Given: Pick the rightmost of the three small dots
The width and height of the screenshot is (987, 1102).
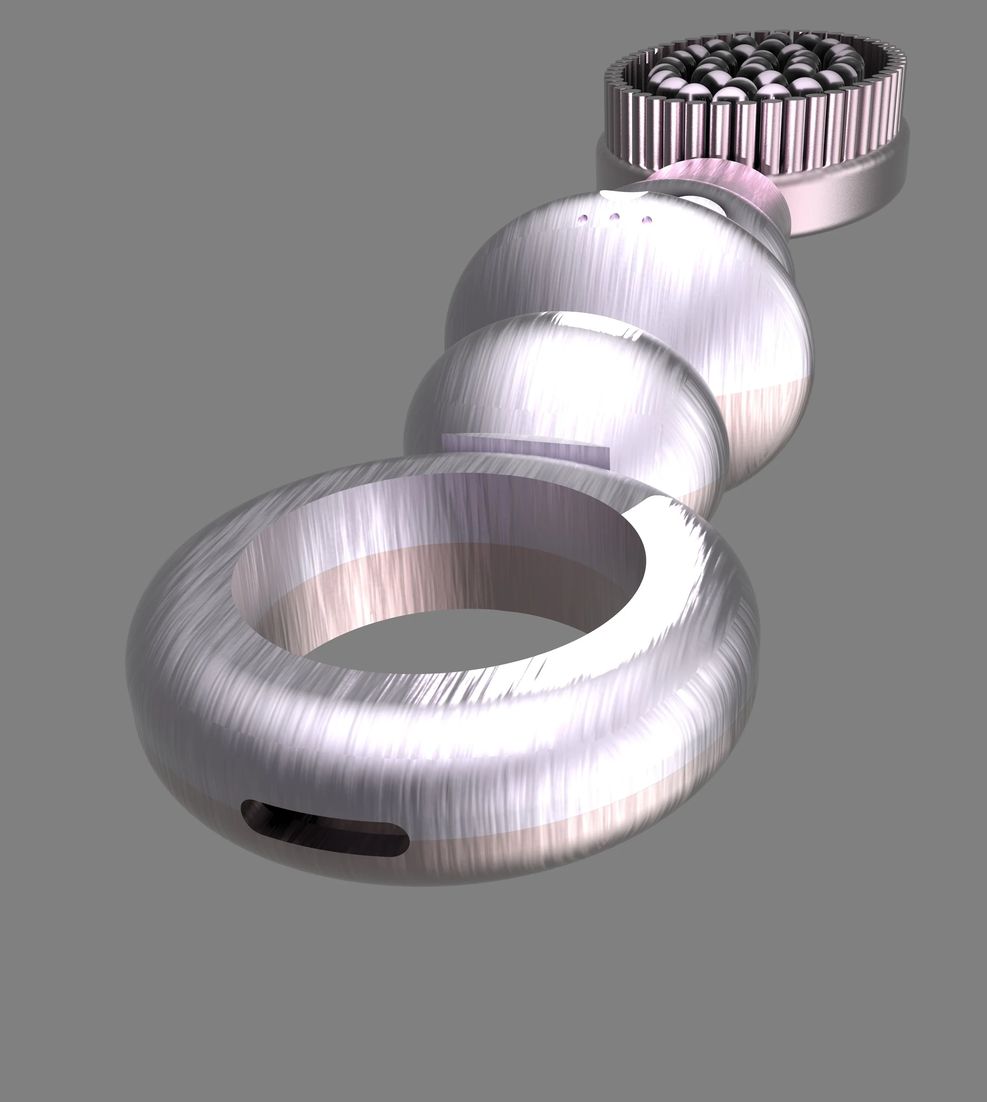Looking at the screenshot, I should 646,220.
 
